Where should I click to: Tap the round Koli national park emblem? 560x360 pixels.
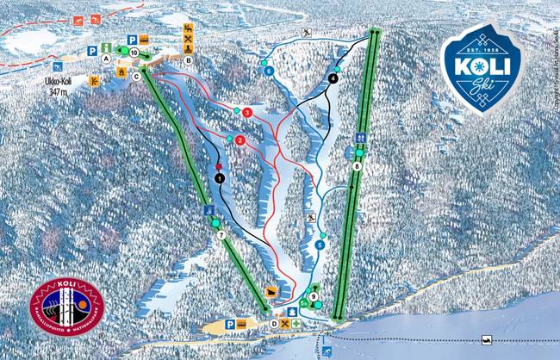(x=66, y=306)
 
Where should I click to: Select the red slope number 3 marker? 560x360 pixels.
(x=247, y=112)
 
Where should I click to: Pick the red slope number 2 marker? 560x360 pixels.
(x=240, y=140)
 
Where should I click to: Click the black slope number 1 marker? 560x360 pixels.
(x=220, y=178)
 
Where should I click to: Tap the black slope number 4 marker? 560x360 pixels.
(x=333, y=78)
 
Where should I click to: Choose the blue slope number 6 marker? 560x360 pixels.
(x=270, y=71)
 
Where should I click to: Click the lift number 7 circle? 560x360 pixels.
(x=221, y=235)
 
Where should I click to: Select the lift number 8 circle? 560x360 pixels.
(x=357, y=166)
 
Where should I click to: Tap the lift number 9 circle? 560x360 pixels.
(x=314, y=297)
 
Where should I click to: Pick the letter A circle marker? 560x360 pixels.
(x=106, y=59)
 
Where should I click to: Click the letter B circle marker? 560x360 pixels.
(x=188, y=61)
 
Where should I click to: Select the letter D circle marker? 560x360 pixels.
(x=273, y=324)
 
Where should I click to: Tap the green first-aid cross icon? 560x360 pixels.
(x=297, y=324)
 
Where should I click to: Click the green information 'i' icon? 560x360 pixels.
(x=104, y=47)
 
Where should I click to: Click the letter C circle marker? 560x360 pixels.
(x=136, y=76)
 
